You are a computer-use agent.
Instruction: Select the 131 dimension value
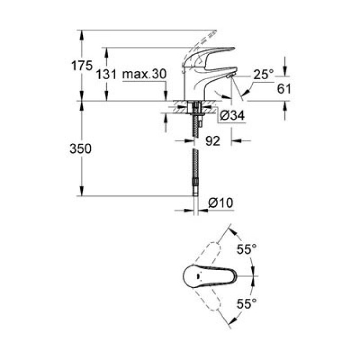(107, 75)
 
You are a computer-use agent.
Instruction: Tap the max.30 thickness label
(145, 75)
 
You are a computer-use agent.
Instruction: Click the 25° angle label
(263, 75)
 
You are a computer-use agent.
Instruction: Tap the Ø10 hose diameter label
(222, 203)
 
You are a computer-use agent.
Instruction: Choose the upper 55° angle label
(246, 250)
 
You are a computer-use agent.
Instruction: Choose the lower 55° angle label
(246, 304)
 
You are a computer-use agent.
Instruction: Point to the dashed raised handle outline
(203, 39)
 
